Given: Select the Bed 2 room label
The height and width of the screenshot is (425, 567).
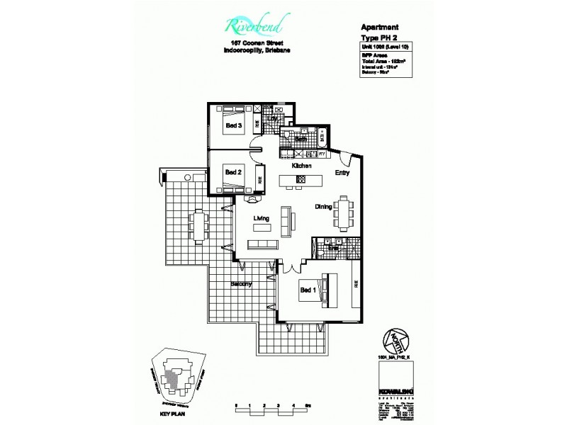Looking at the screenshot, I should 233,172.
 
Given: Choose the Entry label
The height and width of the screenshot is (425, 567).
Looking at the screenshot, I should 343,172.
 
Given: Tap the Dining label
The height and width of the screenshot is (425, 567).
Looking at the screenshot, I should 325,208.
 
